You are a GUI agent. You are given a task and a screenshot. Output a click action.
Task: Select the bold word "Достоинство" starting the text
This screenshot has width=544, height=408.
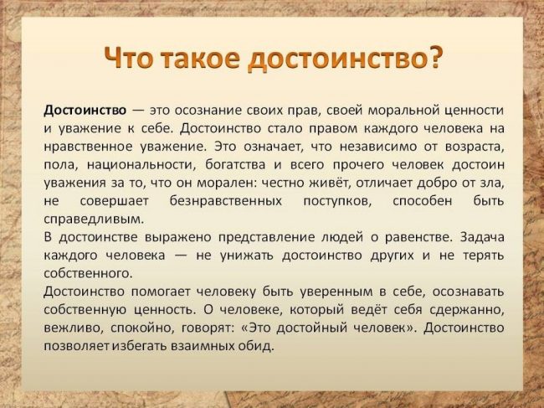click(85, 111)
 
